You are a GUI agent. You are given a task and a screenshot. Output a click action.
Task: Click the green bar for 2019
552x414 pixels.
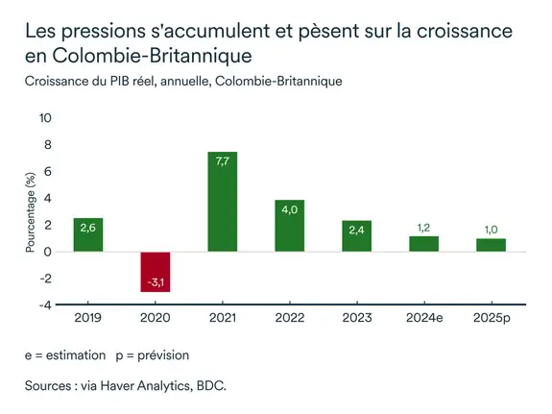[x=87, y=234]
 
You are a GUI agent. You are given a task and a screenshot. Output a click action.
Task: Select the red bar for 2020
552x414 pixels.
[x=155, y=272]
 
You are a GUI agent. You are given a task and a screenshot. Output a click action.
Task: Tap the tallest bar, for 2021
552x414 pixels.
[x=222, y=202]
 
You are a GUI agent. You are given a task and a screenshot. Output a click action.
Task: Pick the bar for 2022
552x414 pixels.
[x=289, y=226]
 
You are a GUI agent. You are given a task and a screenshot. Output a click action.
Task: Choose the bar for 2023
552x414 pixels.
[x=356, y=236]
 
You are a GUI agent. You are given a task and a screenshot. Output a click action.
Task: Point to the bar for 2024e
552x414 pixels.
[x=423, y=244]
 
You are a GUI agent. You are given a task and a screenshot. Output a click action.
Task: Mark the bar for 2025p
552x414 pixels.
[x=491, y=245]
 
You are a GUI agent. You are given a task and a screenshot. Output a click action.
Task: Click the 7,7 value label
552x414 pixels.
[x=222, y=162]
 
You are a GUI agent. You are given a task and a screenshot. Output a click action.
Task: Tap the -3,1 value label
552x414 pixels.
[x=155, y=282]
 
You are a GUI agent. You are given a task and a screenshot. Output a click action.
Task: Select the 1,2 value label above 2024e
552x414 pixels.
[x=423, y=228]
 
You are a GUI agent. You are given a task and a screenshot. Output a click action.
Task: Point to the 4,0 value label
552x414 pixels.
[x=289, y=211]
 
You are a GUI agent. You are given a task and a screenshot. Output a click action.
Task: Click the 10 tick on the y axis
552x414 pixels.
[x=46, y=118]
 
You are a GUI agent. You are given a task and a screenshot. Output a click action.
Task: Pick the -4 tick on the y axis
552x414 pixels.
[x=46, y=305]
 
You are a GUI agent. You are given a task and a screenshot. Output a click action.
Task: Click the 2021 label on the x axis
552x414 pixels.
[x=222, y=318]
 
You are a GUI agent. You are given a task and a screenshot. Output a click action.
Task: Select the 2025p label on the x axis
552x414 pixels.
[x=491, y=318]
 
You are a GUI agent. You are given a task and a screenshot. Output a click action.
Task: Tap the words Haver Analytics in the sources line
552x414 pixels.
[x=139, y=386]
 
